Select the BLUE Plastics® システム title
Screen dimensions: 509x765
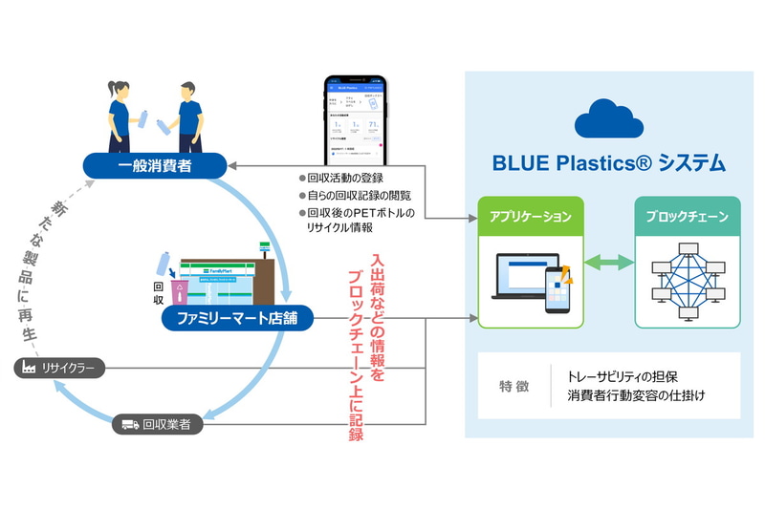tap(609, 163)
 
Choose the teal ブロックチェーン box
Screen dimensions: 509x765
tap(688, 217)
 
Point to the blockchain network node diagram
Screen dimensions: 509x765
tap(688, 280)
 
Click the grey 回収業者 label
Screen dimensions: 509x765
tap(159, 424)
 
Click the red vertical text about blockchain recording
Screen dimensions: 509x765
tap(364, 346)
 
